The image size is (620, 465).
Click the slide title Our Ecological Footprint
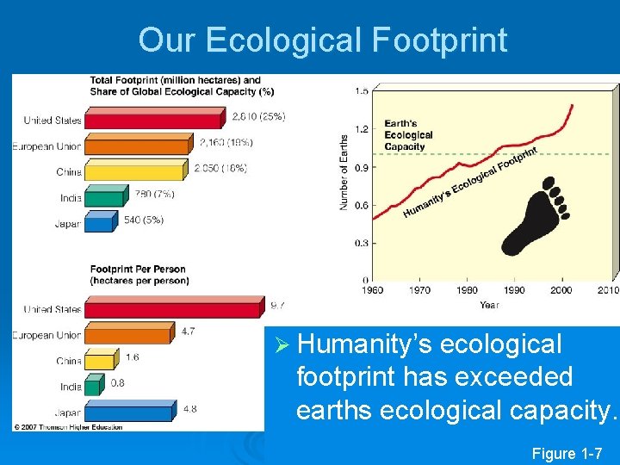pyautogui.click(x=322, y=40)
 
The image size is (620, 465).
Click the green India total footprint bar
pyautogui.click(x=104, y=197)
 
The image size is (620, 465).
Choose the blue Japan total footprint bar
pyautogui.click(x=100, y=223)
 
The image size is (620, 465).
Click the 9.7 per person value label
pyautogui.click(x=276, y=305)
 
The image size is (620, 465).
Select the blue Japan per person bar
pyautogui.click(x=129, y=412)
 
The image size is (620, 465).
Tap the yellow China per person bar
pyautogui.click(x=100, y=361)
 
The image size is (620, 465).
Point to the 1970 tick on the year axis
pyautogui.click(x=419, y=290)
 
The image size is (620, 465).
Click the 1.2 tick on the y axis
pyautogui.click(x=362, y=129)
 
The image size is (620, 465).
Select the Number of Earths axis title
pyautogui.click(x=344, y=172)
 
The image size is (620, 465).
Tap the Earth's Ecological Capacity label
pyautogui.click(x=408, y=135)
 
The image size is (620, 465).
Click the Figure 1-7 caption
pyautogui.click(x=573, y=452)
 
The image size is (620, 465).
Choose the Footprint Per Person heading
pyautogui.click(x=138, y=275)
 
